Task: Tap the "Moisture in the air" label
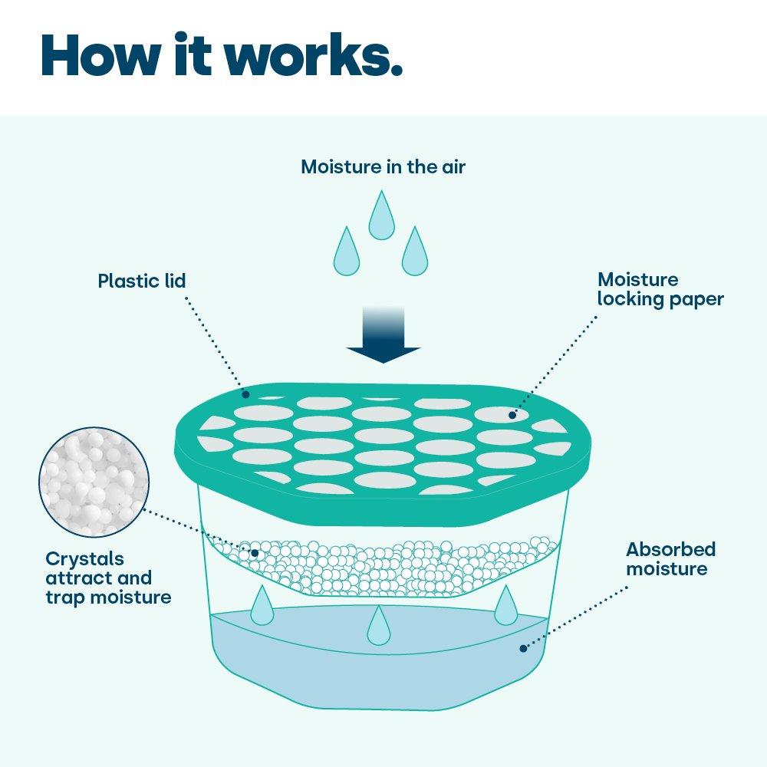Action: (383, 166)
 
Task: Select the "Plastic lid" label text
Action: (142, 281)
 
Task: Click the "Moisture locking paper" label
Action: (660, 289)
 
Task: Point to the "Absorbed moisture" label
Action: (670, 559)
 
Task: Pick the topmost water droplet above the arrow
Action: (381, 217)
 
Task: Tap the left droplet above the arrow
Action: (346, 253)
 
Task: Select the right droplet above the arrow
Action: (414, 253)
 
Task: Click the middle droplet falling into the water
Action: (378, 627)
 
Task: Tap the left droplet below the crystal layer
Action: (262, 606)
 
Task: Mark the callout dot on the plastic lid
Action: (245, 394)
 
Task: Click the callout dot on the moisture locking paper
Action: (512, 415)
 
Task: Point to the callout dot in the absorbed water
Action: (523, 648)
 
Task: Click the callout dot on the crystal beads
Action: (255, 552)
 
